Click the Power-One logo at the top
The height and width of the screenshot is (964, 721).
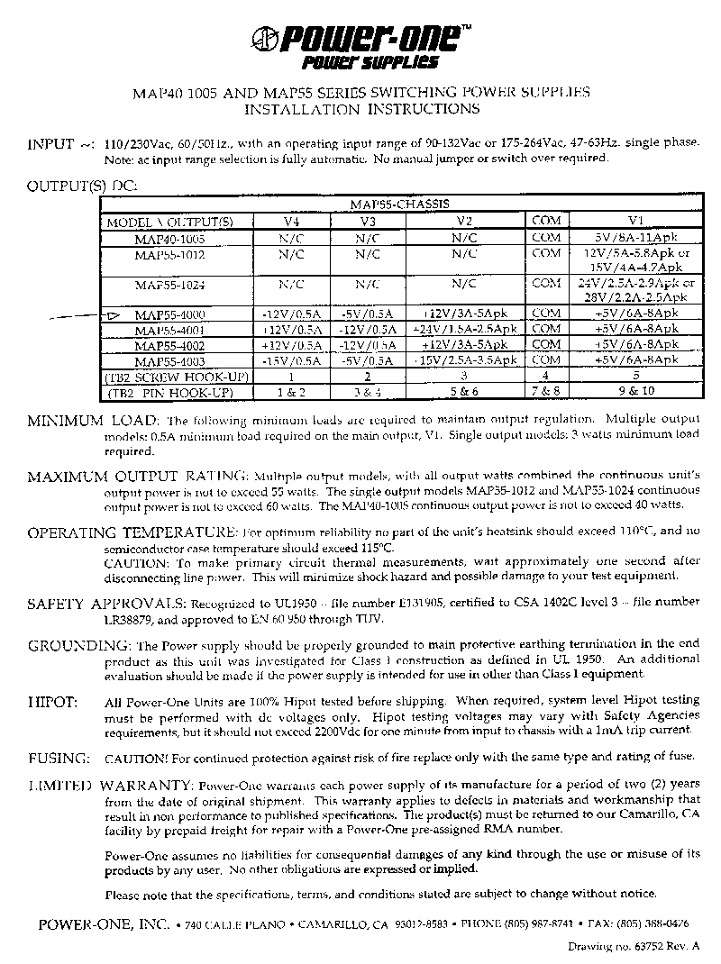tap(360, 46)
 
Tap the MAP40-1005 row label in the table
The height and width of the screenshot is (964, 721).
tap(170, 239)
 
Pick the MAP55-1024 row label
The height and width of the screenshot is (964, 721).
tap(170, 285)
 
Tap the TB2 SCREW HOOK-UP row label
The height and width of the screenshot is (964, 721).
tap(169, 376)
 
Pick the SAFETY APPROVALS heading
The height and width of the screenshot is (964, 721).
tap(105, 603)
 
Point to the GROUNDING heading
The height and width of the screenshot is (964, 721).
tap(79, 646)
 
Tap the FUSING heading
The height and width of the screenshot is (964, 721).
tap(58, 759)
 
